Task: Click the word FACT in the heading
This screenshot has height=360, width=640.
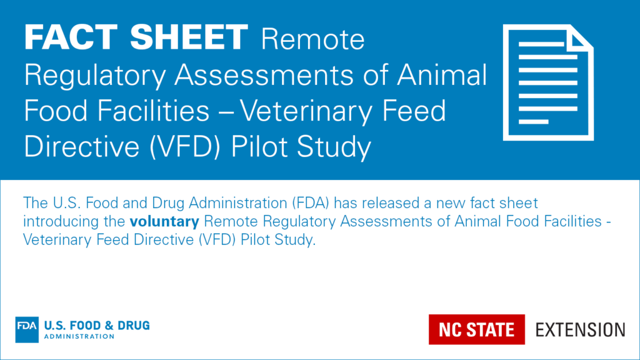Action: coord(68,39)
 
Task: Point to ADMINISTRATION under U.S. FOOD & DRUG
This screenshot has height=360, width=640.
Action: coord(79,336)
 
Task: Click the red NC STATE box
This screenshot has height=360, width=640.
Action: coord(476,329)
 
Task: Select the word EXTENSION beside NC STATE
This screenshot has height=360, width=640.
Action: coord(580,329)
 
